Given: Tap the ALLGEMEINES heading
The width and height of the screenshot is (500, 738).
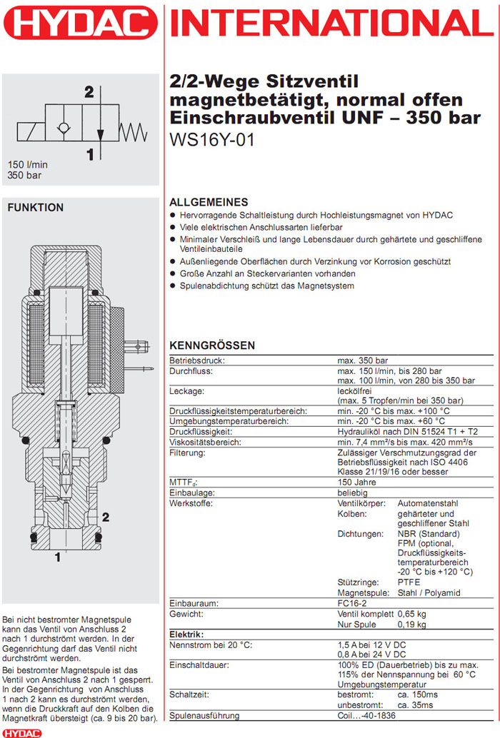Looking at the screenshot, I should click(x=209, y=202).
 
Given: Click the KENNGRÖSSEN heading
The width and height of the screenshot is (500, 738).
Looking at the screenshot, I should click(x=211, y=345).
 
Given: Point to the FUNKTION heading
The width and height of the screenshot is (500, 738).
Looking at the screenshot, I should click(x=35, y=208).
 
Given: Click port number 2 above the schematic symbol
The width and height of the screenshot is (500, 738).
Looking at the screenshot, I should click(x=89, y=91).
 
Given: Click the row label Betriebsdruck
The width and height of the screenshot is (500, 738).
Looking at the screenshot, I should click(x=191, y=361).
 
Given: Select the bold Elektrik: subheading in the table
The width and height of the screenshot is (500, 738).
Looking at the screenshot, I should click(x=187, y=635).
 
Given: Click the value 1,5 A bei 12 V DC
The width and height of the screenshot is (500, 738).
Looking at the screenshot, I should click(x=373, y=645).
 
